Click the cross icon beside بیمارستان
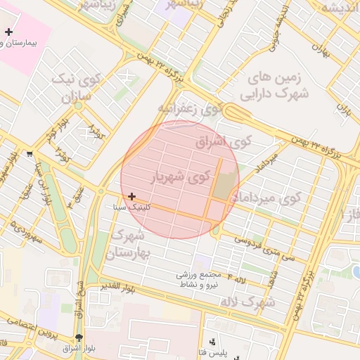click(8, 32)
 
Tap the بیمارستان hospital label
click(28, 43)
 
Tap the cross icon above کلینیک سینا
click(131, 196)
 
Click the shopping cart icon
click(29, 153)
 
